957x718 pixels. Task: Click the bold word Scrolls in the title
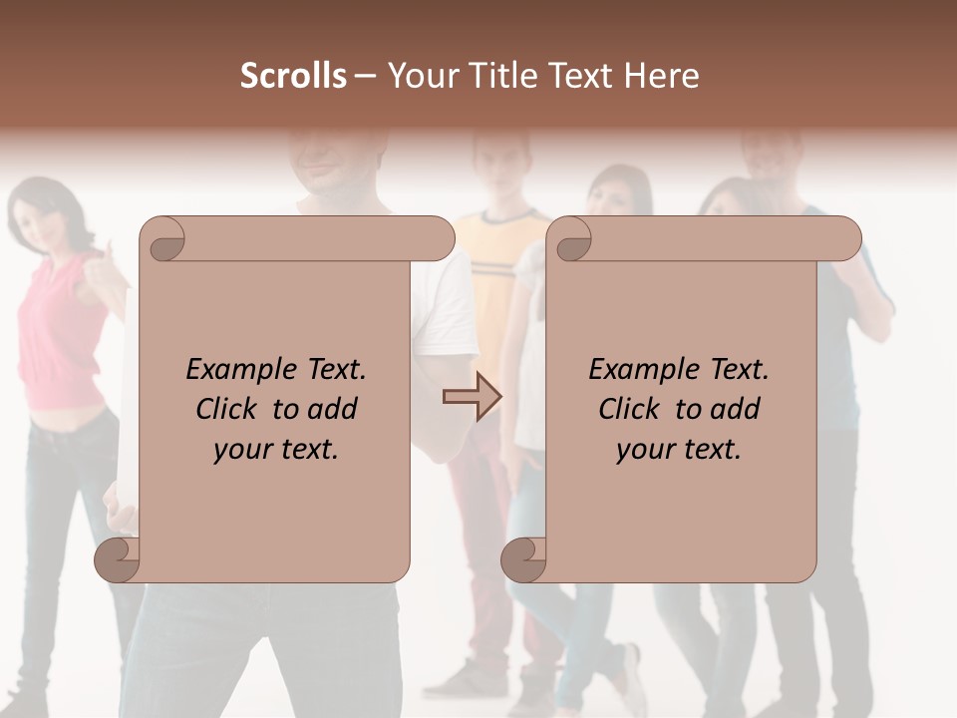[293, 76]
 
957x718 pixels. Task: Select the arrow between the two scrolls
[472, 397]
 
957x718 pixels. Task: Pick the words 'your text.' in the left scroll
[276, 450]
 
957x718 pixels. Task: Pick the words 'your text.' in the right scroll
[679, 450]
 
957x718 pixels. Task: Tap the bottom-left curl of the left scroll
[117, 559]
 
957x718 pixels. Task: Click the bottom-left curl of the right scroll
[523, 559]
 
